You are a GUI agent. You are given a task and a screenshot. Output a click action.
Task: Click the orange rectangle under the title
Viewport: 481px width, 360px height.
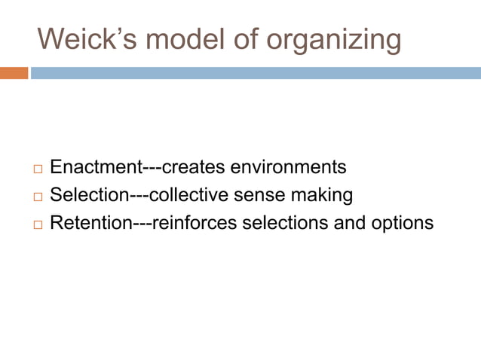click(x=14, y=74)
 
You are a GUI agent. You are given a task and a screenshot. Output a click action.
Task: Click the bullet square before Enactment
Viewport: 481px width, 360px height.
click(x=38, y=167)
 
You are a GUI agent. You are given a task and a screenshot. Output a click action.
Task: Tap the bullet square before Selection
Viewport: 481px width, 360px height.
click(x=38, y=196)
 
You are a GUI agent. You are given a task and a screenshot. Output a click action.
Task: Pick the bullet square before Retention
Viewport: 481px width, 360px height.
click(x=38, y=224)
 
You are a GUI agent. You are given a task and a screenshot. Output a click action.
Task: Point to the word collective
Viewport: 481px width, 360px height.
click(x=188, y=195)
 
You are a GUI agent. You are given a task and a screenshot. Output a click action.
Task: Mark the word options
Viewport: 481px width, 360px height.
click(x=404, y=224)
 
